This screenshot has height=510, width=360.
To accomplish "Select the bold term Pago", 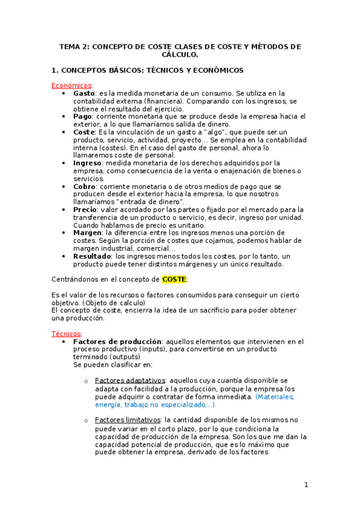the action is click(82, 117).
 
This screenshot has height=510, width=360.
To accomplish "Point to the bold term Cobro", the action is click(84, 186).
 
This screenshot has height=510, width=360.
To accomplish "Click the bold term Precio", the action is click(85, 209).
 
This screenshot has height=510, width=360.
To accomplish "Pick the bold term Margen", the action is click(87, 233).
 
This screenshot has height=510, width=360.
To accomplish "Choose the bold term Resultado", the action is click(92, 256).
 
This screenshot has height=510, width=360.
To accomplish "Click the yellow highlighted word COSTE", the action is click(174, 279).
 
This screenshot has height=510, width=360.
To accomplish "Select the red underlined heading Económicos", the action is click(72, 86).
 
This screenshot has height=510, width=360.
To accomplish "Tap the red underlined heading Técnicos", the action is click(66, 334).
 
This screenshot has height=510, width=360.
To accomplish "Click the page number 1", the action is click(306, 485).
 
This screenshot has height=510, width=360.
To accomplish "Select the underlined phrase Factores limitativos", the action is click(128, 420).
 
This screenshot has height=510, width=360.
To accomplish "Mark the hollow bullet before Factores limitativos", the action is click(86, 420).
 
